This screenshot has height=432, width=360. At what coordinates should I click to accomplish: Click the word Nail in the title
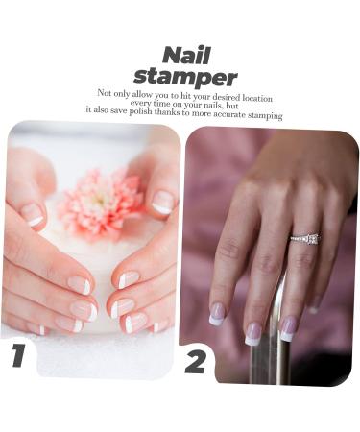click(x=185, y=55)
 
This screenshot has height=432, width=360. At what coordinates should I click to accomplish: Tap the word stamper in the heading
click(x=185, y=76)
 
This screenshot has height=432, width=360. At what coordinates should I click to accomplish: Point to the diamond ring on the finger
click(x=305, y=238)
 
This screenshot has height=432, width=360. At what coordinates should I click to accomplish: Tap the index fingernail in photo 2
click(x=218, y=313)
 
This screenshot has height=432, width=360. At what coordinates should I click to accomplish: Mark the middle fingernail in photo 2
click(x=252, y=333)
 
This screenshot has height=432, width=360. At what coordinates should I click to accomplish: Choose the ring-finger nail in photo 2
click(x=287, y=327)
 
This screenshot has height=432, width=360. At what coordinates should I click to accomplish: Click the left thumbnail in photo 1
click(x=34, y=213)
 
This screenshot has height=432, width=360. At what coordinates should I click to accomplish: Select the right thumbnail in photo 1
click(x=162, y=202)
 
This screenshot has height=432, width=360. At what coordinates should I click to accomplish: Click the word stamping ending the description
click(x=265, y=116)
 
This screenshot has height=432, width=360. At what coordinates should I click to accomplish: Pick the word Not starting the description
click(x=105, y=93)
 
